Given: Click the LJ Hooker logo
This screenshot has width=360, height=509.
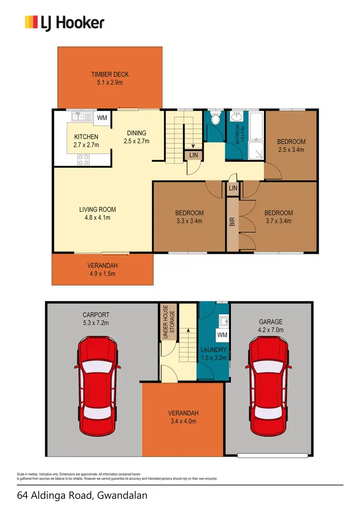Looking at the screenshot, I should pyautogui.click(x=64, y=23).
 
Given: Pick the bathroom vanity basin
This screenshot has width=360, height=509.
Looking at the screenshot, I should pyautogui.click(x=236, y=117).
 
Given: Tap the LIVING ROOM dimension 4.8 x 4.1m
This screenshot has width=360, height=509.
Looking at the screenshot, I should pyautogui.click(x=97, y=217).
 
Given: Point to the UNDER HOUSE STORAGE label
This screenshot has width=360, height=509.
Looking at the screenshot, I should pyautogui.click(x=168, y=322).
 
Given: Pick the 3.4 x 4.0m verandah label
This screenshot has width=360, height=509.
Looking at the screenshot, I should pyautogui.click(x=183, y=417).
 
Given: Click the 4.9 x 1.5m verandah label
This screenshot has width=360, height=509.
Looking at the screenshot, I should pyautogui.click(x=102, y=270).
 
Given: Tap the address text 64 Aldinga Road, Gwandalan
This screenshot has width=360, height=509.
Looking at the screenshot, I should pyautogui.click(x=82, y=495).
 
